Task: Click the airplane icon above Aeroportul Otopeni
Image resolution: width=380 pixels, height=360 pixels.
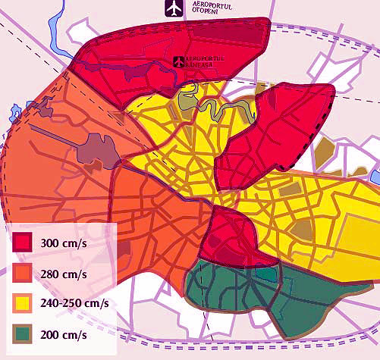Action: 174,8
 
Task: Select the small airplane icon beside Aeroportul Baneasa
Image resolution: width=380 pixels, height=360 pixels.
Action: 179,61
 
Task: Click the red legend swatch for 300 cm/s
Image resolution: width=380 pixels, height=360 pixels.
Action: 21,243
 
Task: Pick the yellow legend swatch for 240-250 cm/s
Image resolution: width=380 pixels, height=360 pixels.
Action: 21,303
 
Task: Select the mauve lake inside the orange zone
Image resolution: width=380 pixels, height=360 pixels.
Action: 97,149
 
